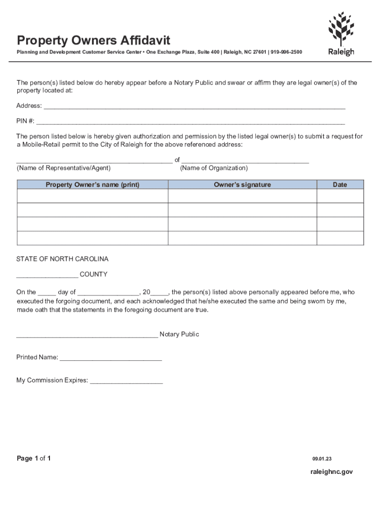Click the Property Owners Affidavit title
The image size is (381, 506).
click(x=94, y=40)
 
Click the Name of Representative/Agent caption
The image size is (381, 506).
click(x=64, y=168)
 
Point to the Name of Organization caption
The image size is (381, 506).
click(x=214, y=168)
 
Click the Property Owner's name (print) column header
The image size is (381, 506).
click(x=93, y=185)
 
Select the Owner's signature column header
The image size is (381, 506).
click(x=242, y=185)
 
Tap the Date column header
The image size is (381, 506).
click(x=340, y=185)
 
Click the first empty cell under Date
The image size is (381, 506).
click(x=340, y=196)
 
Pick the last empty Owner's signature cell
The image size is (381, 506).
click(x=242, y=238)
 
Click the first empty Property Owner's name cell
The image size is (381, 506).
click(x=93, y=196)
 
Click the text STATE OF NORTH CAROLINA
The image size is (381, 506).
click(x=62, y=259)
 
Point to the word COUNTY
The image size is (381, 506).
click(x=94, y=274)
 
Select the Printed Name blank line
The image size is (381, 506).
click(x=111, y=358)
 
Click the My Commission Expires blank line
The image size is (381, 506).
click(x=126, y=381)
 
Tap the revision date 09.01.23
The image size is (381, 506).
click(x=322, y=459)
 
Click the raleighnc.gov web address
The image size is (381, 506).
click(x=332, y=472)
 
